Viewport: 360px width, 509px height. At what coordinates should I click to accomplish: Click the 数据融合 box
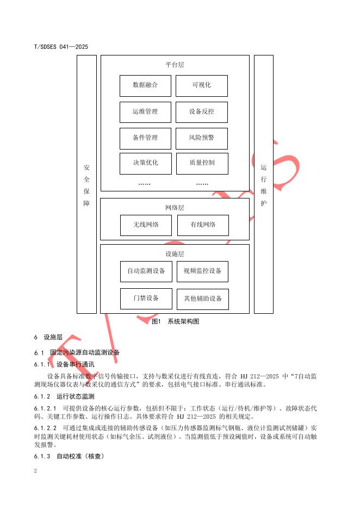tap(145, 85)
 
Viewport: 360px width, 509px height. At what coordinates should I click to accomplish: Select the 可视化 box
tap(201, 85)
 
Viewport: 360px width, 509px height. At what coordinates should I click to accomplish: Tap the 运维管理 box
tap(145, 112)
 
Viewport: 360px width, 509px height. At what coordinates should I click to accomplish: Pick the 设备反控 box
tap(201, 112)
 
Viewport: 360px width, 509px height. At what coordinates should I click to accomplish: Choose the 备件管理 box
tap(145, 138)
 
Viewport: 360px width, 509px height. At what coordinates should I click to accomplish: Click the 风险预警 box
tap(201, 138)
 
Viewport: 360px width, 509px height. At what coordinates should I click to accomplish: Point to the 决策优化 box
tap(145, 163)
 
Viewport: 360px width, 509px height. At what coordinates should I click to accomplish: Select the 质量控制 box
tap(201, 163)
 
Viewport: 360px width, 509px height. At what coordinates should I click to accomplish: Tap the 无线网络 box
tap(146, 225)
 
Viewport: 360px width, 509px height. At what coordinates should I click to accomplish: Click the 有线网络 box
tap(203, 225)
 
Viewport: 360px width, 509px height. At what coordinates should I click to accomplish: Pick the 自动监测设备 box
tap(146, 271)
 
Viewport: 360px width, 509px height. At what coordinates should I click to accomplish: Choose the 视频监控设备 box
tap(202, 271)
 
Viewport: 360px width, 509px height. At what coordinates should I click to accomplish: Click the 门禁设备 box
tap(146, 299)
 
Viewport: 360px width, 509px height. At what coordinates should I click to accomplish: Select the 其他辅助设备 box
tap(203, 299)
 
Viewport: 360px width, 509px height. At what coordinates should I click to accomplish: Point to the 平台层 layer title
tap(175, 65)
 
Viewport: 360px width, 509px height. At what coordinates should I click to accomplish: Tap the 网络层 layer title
tap(175, 208)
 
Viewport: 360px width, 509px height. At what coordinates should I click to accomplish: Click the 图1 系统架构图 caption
tap(175, 321)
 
